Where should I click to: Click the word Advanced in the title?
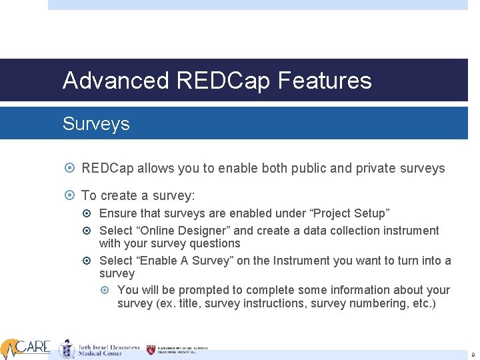tap(116, 81)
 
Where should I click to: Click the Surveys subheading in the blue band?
tap(96, 124)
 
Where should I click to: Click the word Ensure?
tap(117, 213)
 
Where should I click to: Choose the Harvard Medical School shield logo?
tap(151, 349)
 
